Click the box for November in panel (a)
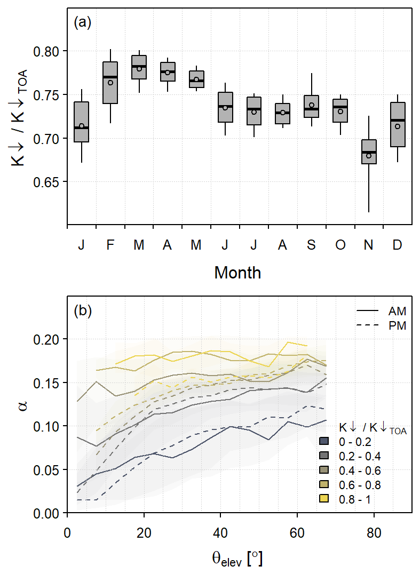(x=369, y=152)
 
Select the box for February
(x=110, y=83)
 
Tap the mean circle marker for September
(x=312, y=105)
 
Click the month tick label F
(x=110, y=245)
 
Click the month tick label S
(x=312, y=245)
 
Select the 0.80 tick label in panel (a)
(x=49, y=51)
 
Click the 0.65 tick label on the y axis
(x=49, y=182)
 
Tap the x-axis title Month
(x=237, y=273)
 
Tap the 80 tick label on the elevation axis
(x=374, y=532)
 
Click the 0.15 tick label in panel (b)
(x=49, y=382)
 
